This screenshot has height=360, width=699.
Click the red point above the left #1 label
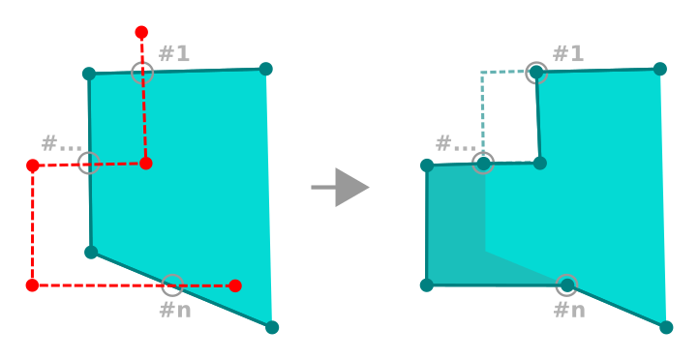(x=141, y=32)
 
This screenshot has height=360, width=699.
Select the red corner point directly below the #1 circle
(x=145, y=164)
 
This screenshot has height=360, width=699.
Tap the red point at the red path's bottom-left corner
(x=32, y=285)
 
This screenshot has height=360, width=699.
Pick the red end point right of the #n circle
(x=235, y=285)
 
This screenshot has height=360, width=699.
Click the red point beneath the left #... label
(x=33, y=165)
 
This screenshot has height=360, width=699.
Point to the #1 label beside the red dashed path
(x=174, y=53)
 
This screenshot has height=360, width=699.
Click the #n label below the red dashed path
(x=175, y=310)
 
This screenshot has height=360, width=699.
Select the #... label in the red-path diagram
(x=61, y=143)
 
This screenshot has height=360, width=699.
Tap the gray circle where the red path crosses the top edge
(x=142, y=72)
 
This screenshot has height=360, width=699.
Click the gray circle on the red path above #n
(x=172, y=285)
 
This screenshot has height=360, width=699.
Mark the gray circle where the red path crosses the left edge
(x=88, y=163)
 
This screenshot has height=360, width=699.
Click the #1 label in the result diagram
(x=568, y=53)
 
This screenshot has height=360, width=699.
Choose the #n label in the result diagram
(x=569, y=310)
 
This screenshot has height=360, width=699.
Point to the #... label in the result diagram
(x=455, y=143)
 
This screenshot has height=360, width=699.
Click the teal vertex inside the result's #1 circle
(x=536, y=72)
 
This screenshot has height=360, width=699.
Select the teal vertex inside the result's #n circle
(x=567, y=285)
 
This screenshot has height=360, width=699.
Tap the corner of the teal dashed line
(x=482, y=73)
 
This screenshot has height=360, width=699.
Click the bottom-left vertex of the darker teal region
(x=427, y=285)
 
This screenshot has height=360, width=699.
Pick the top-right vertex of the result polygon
(x=660, y=69)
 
